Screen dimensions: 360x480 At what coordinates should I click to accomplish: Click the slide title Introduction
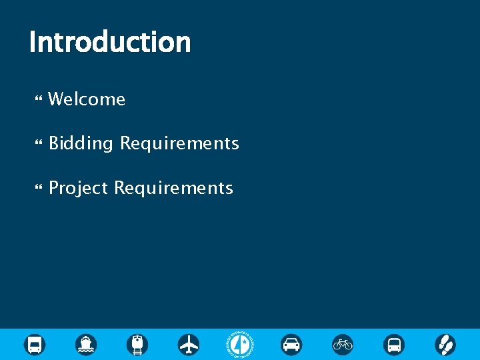[110, 42]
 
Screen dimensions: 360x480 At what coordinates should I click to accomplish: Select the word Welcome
[87, 99]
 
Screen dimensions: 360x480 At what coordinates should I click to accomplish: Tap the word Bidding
[81, 143]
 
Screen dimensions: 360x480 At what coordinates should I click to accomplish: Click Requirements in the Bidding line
[179, 143]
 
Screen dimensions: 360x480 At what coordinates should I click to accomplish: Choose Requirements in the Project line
[173, 188]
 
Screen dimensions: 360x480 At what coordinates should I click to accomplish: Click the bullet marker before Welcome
[38, 100]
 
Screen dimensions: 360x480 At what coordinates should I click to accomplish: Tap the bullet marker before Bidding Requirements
[38, 144]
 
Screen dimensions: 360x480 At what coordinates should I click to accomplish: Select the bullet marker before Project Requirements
[38, 189]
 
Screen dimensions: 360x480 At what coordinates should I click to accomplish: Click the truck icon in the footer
[35, 345]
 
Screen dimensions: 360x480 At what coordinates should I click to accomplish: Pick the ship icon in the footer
[86, 345]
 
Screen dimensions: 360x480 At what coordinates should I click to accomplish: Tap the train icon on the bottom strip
[137, 345]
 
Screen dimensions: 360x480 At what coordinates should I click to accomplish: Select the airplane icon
[189, 345]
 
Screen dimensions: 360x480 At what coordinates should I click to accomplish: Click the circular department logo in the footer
[240, 345]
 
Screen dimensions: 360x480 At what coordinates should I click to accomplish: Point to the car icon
[291, 345]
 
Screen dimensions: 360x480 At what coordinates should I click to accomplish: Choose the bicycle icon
[343, 345]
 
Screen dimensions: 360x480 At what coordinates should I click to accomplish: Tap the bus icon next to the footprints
[394, 345]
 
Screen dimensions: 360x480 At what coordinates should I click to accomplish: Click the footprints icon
[445, 345]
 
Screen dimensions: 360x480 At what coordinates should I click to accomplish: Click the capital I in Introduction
[33, 42]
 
